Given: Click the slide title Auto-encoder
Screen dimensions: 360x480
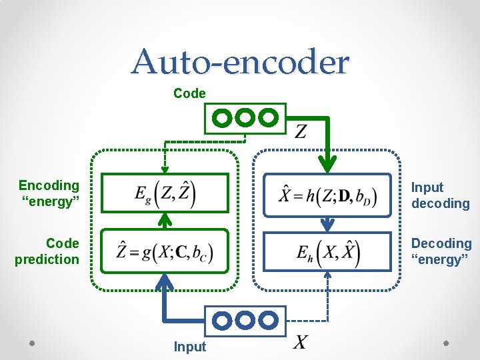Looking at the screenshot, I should point(240,62).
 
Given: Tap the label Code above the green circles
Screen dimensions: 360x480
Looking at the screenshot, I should point(189,94).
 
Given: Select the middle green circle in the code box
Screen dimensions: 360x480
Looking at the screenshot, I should point(245,118).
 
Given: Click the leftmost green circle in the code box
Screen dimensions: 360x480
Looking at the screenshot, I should point(223,118).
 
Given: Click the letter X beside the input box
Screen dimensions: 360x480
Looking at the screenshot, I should point(301,343).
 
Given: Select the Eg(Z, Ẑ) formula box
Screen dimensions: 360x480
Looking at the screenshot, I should point(165,193).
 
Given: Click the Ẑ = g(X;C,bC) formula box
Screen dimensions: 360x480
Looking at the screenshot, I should point(165,252).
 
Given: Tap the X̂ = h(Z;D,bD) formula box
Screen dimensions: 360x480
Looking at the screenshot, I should point(327,195).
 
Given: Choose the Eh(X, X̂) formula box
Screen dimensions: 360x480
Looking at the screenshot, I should point(327,251).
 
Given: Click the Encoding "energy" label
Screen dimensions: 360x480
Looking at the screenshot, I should point(49,193).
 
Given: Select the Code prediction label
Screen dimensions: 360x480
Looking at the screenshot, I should point(47,251).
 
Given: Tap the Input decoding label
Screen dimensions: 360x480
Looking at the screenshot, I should point(440,195).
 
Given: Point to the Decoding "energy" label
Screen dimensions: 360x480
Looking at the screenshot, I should point(441,251).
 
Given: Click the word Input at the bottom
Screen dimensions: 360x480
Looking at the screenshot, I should point(190,347).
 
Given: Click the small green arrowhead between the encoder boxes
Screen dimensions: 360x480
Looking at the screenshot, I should point(165,219).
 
